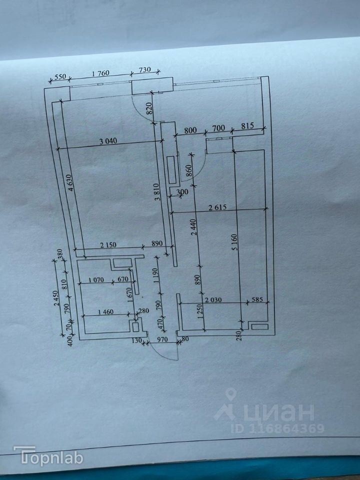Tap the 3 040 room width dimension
pyautogui.click(x=108, y=141)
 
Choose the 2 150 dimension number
pyautogui.click(x=108, y=244)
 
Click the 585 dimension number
pyautogui.click(x=257, y=299)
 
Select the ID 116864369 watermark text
pyautogui.click(x=277, y=428)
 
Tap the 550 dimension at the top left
pyautogui.click(x=60, y=77)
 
